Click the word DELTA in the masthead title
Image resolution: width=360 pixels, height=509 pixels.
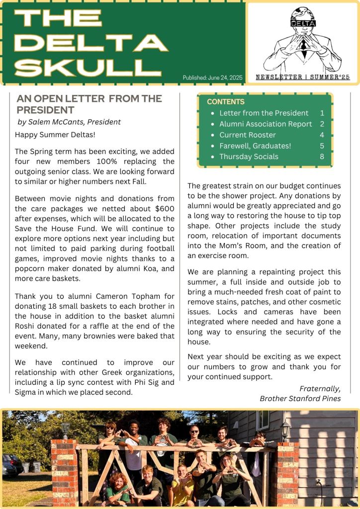pyautogui.click(x=91, y=43)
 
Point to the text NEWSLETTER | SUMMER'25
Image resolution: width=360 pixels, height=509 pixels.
pyautogui.click(x=303, y=78)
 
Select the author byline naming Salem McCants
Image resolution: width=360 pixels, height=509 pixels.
pyautogui.click(x=69, y=122)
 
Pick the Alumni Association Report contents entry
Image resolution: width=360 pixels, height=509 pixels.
pyautogui.click(x=266, y=124)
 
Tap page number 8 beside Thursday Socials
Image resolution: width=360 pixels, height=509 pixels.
pyautogui.click(x=322, y=157)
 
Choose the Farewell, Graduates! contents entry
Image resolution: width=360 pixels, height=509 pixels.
pyautogui.click(x=255, y=146)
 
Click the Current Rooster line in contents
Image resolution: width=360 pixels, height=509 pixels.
pyautogui.click(x=248, y=135)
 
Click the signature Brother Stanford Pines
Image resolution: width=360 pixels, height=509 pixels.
pyautogui.click(x=300, y=399)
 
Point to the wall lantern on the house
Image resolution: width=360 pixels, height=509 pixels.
pyautogui.click(x=285, y=428)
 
